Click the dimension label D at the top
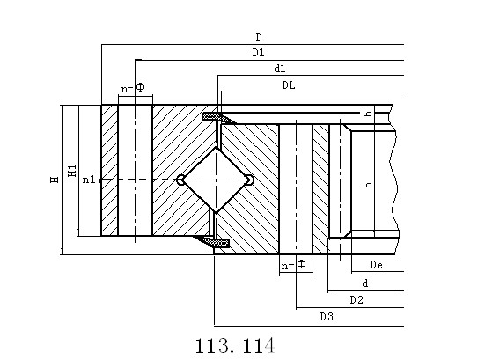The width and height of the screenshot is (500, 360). [259, 38]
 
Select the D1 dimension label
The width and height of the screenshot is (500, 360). [258, 53]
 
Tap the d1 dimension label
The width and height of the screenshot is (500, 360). [280, 69]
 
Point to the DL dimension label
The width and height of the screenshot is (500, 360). [289, 85]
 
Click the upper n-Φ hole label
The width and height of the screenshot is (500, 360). [133, 88]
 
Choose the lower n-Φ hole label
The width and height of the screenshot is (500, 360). [293, 265]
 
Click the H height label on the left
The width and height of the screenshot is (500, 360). [55, 180]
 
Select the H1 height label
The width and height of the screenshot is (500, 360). [72, 171]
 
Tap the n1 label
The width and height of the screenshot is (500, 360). [89, 180]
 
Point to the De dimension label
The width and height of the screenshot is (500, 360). [376, 265]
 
